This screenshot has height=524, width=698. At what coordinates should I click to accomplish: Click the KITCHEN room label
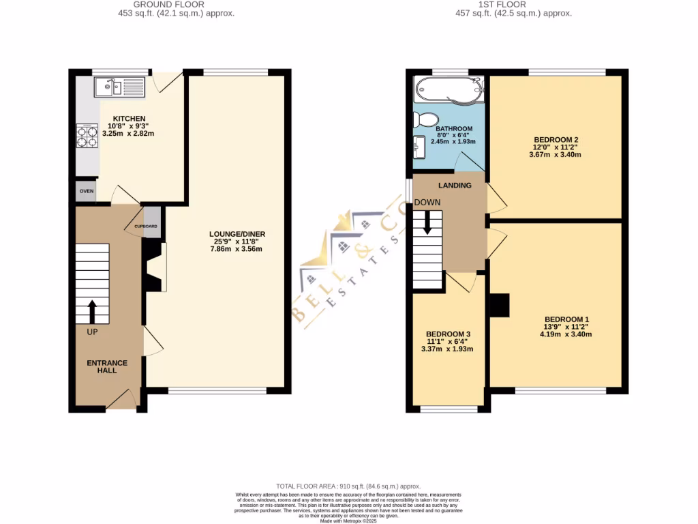click(x=130, y=119)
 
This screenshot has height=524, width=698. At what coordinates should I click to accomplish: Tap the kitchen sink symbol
click(x=119, y=87)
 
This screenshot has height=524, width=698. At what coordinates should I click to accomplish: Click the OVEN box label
click(x=86, y=191)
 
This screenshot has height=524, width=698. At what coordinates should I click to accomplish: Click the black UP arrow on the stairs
click(x=92, y=311)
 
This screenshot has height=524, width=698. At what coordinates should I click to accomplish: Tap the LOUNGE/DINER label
click(x=237, y=234)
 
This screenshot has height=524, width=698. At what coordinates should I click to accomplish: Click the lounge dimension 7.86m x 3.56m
click(x=237, y=249)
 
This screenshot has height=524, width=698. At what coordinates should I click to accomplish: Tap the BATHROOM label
click(x=454, y=129)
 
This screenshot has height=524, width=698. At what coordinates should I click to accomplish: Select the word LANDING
click(x=455, y=185)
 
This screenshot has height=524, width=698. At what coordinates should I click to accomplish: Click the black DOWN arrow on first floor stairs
click(x=427, y=222)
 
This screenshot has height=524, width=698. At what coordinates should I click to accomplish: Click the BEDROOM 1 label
click(x=566, y=319)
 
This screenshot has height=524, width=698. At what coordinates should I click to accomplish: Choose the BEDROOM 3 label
click(x=449, y=334)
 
